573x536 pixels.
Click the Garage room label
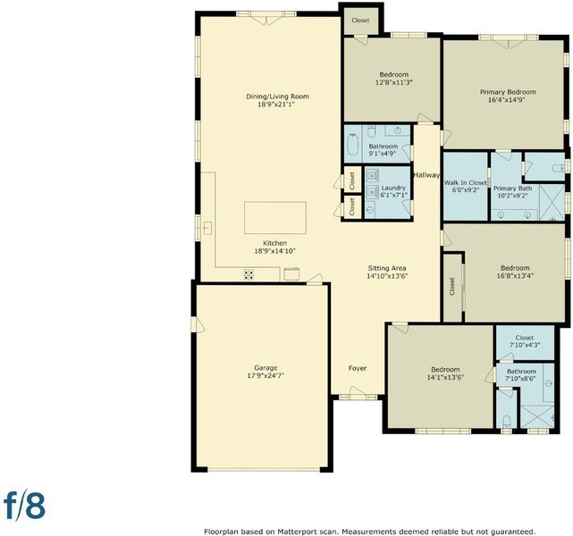[265, 372]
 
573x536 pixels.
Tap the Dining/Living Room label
[277, 100]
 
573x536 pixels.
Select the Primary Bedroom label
[508, 96]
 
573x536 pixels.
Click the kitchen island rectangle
[275, 218]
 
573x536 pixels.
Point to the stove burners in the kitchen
[249, 274]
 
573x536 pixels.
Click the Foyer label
[358, 368]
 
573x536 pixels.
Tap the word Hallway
[426, 175]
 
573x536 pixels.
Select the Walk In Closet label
[466, 186]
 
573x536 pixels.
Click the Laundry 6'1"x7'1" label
[393, 191]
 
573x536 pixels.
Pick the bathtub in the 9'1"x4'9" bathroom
[353, 144]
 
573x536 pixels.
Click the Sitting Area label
[387, 272]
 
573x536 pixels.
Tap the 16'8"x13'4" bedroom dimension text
[515, 276]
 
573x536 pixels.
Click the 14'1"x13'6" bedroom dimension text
[445, 378]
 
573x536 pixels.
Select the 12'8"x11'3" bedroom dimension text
[394, 82]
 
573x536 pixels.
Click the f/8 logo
[24, 506]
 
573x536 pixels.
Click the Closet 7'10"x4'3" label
[525, 341]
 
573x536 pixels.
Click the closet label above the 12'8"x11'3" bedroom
[360, 21]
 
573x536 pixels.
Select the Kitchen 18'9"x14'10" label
[274, 247]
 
